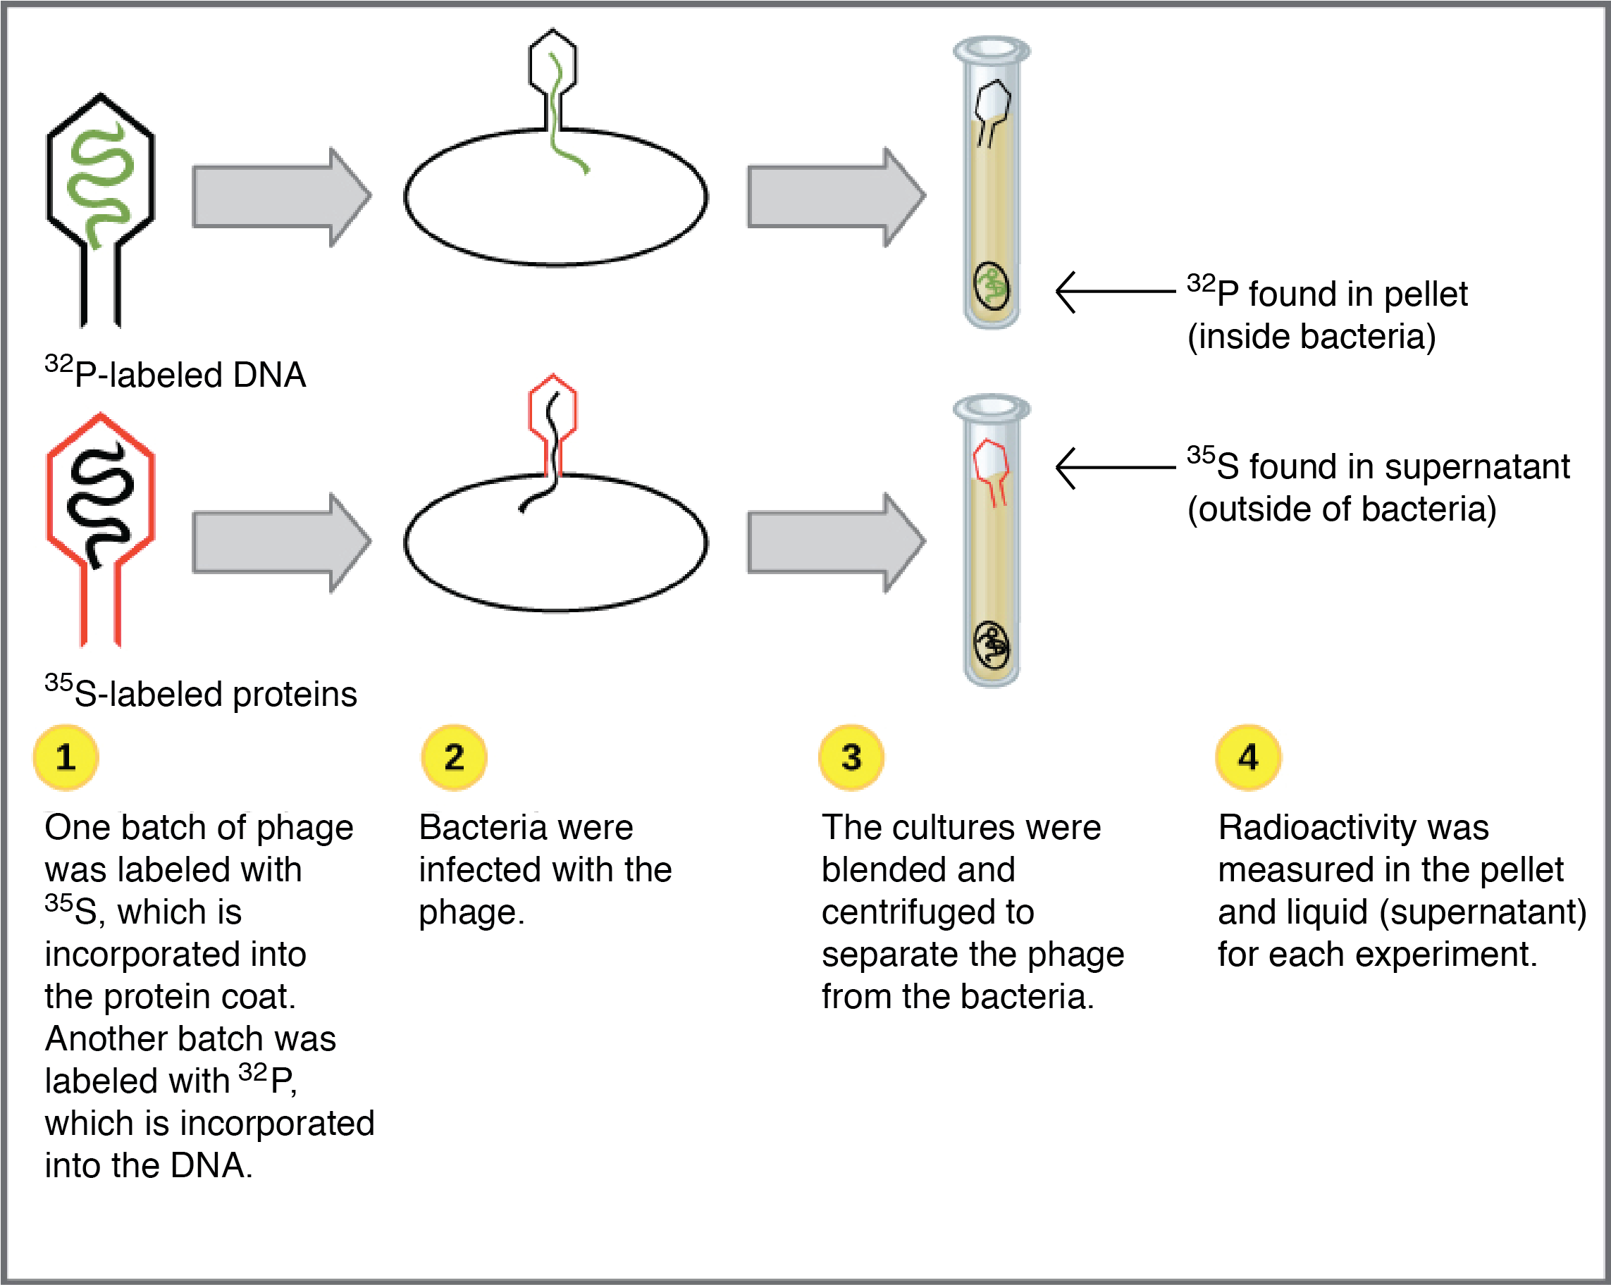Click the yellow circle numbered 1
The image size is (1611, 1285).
click(x=66, y=757)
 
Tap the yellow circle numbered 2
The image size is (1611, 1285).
click(x=454, y=757)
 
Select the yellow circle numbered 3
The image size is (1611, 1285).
click(x=851, y=757)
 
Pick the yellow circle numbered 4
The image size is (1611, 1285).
click(x=1248, y=757)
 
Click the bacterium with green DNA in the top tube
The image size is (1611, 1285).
click(x=992, y=285)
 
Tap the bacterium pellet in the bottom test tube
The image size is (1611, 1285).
click(x=992, y=644)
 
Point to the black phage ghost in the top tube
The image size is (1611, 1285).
click(x=992, y=104)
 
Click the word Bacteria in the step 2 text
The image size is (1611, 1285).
click(x=467, y=828)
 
